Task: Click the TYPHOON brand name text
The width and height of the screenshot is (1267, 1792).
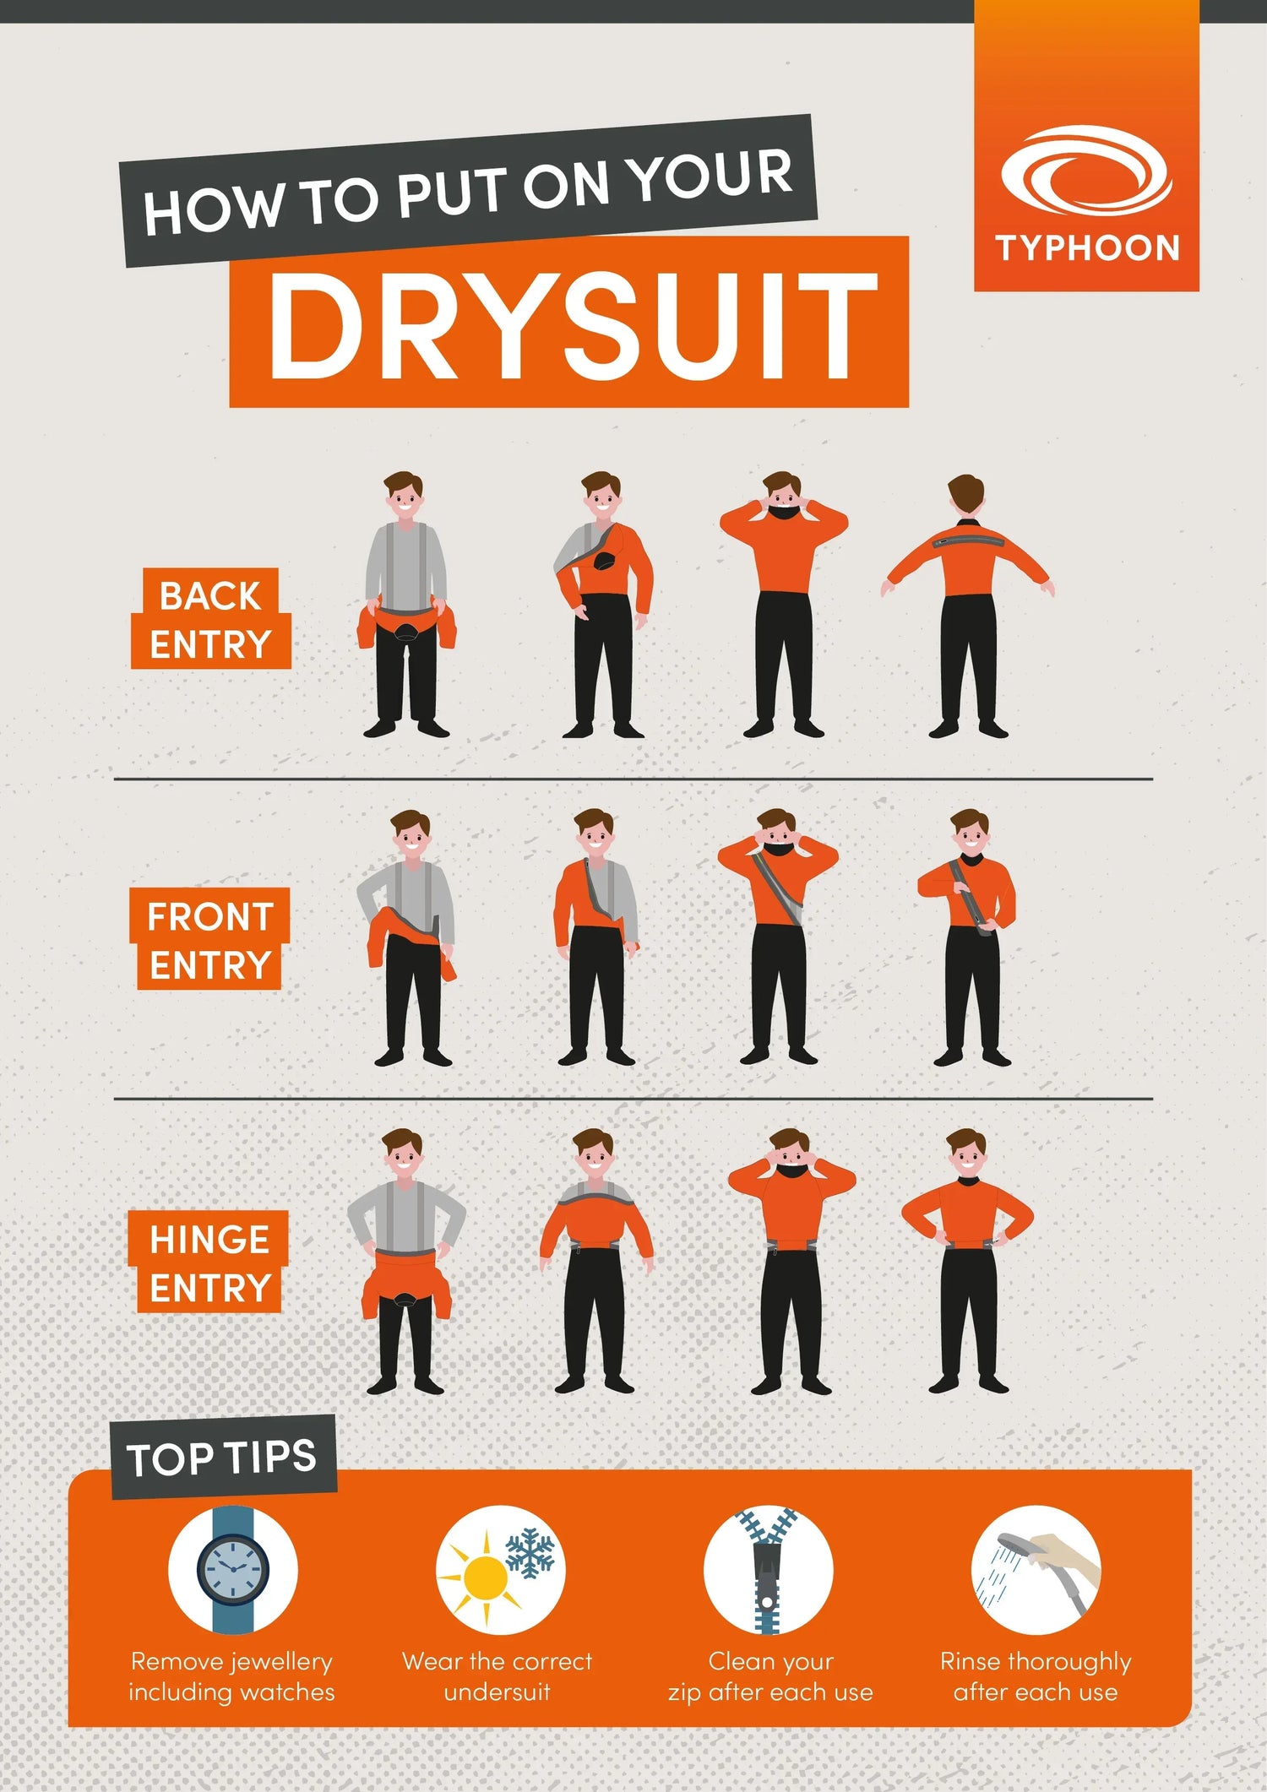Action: click(x=1087, y=248)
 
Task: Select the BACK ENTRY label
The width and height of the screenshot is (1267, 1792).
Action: click(x=210, y=619)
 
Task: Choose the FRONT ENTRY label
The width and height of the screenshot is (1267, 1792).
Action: click(x=209, y=939)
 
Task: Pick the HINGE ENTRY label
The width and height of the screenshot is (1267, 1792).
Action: click(x=209, y=1262)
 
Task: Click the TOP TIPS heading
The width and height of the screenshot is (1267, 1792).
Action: click(x=222, y=1457)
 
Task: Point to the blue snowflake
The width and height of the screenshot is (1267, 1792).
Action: click(x=530, y=1553)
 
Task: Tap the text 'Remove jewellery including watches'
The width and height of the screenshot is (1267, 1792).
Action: click(x=232, y=1676)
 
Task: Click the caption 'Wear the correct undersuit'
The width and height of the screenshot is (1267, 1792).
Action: click(x=498, y=1676)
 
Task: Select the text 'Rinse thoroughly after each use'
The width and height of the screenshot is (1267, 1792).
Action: click(x=1036, y=1676)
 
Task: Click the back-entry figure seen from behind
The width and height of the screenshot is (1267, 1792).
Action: click(x=968, y=606)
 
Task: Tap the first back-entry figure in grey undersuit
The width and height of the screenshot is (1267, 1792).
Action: click(x=406, y=605)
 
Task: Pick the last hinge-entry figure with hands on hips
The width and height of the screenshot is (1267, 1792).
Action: click(x=968, y=1261)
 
